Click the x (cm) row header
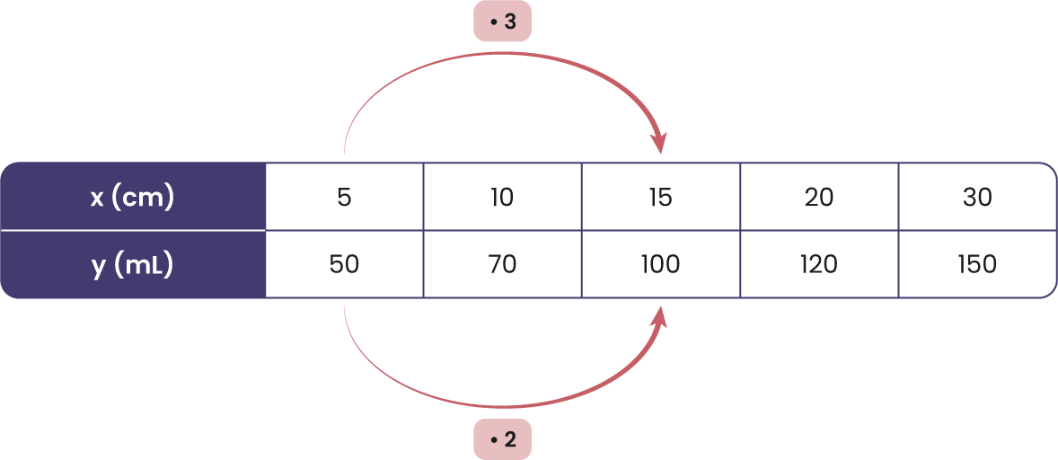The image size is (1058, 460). tap(133, 197)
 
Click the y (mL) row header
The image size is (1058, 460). tap(133, 264)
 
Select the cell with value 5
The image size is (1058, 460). tap(345, 197)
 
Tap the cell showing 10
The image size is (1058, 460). tap(502, 197)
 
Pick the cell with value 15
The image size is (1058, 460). tap(660, 197)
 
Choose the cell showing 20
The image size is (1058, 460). tap(819, 197)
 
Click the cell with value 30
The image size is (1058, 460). tap(977, 197)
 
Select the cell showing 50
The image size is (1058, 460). tap(345, 264)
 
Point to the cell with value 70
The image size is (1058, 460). tap(502, 264)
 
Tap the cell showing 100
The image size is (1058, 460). tap(660, 264)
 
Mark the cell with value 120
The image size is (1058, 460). tap(819, 264)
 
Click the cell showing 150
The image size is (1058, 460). tap(977, 264)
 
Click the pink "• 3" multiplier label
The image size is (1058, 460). tap(503, 22)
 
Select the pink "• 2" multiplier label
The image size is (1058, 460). tap(503, 440)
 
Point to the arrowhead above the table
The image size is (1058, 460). tap(660, 142)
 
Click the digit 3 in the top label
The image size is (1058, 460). tap(510, 22)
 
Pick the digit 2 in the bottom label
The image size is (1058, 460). tap(510, 440)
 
